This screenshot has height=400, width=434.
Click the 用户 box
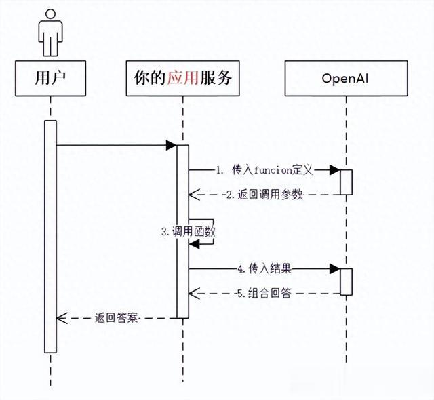50,78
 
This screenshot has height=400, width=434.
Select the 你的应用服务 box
182,78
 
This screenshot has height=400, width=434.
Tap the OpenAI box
347,78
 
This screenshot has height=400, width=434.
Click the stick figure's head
50,15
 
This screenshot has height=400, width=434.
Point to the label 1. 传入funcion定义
264,170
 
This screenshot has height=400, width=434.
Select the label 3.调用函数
189,232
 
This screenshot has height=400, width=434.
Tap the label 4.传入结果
264,268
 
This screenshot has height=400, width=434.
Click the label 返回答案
116,318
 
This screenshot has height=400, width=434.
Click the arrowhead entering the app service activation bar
172,145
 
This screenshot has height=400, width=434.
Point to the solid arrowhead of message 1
335,170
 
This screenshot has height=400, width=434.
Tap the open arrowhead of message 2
195,195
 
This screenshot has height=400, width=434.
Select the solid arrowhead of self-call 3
194,244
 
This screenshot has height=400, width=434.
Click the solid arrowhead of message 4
335,268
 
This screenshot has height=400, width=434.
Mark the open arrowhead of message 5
195,294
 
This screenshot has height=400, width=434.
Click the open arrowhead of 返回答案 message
62,318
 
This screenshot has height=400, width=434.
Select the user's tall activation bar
50,237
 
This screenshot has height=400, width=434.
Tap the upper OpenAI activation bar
347,182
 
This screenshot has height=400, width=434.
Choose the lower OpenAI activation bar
347,281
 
